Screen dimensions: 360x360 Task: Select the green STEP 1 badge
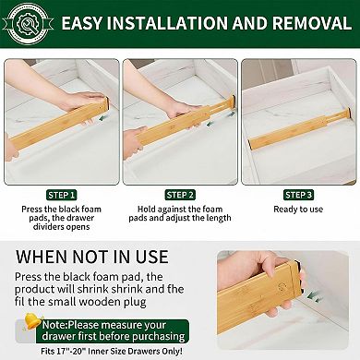61,195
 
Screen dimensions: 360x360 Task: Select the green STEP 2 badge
179,195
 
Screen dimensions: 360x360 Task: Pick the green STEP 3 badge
298,195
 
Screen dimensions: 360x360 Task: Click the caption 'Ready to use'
298,209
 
